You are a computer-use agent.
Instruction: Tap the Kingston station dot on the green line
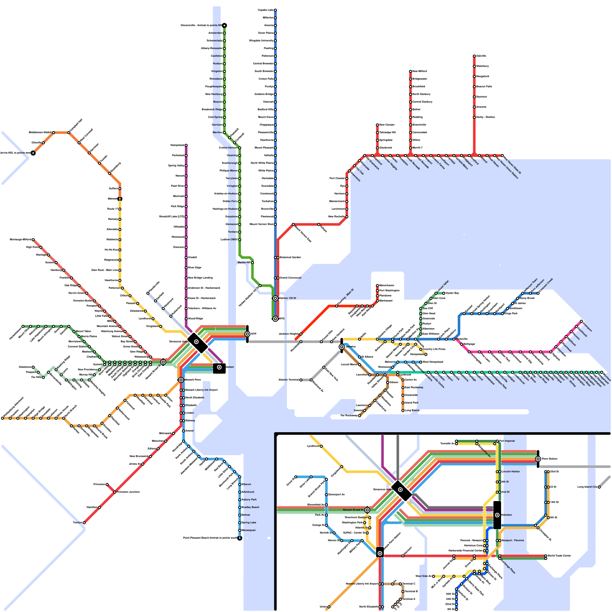coord(225,71)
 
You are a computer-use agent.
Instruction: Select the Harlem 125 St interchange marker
coord(275,298)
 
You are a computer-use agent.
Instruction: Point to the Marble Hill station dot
coord(252,262)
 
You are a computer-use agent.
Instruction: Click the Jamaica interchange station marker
coord(342,347)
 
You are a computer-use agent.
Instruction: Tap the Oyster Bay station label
coord(452,293)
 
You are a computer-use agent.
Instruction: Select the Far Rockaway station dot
coord(360,415)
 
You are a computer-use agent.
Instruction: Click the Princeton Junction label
coord(129,492)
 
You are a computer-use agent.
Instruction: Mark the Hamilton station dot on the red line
coord(99,507)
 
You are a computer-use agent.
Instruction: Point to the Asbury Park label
coord(249,500)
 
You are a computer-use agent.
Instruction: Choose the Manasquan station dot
coord(240,530)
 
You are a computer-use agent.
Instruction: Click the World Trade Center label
coord(559,555)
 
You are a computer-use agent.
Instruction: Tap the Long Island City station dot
coord(599,487)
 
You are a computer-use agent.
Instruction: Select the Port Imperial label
coord(507,441)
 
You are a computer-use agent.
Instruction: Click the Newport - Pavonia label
coord(513,540)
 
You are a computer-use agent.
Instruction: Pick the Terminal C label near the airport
coord(409,584)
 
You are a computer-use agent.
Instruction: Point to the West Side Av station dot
coord(433,576)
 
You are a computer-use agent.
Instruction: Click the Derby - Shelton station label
coord(486,117)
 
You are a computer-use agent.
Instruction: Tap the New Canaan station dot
coord(377,125)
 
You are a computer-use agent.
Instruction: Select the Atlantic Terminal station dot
coord(301,380)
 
